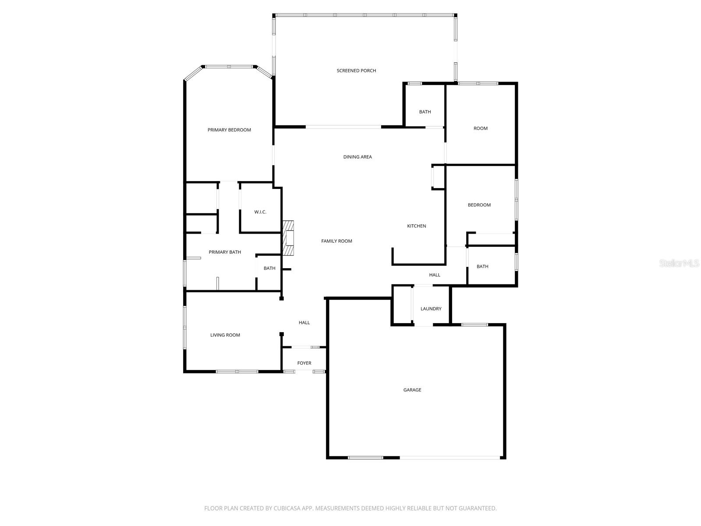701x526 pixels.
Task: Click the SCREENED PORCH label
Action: (x=356, y=71)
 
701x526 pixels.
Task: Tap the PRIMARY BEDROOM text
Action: (x=229, y=130)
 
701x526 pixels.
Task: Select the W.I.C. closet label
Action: (x=260, y=212)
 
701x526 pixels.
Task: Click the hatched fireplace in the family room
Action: (x=288, y=238)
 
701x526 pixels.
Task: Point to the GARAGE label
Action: (x=412, y=390)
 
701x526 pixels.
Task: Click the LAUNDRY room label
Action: (x=431, y=309)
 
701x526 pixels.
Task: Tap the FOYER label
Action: (x=304, y=363)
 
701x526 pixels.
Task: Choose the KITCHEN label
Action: (x=416, y=226)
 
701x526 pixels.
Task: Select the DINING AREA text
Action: (x=358, y=157)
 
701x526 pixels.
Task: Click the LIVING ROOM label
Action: (x=225, y=335)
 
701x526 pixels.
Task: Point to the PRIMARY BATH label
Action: (x=225, y=252)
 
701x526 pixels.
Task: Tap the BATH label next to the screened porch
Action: (x=425, y=112)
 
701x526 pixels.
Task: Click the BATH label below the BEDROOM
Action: (x=482, y=267)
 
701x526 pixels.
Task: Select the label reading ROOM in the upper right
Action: (x=481, y=128)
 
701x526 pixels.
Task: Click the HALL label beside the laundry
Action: (x=435, y=275)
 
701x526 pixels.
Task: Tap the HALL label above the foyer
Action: (x=304, y=323)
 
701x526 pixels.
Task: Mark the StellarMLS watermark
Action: (x=679, y=263)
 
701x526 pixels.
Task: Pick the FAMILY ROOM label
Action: (x=336, y=241)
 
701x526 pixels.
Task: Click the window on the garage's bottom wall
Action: (x=365, y=458)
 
